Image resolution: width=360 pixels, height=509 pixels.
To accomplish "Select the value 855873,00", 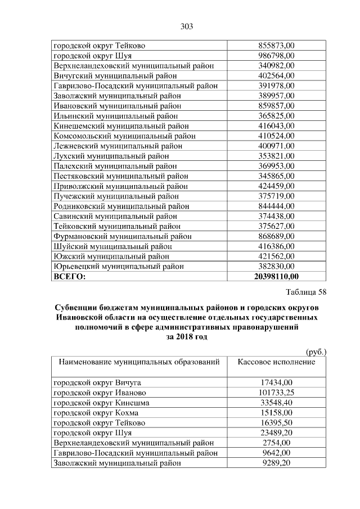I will point(276,45).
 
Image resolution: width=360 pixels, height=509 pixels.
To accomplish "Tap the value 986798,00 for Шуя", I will point(276,55).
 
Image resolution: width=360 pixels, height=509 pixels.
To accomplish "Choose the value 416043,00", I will point(276,125).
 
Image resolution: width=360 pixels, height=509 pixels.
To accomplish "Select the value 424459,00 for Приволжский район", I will point(276,186).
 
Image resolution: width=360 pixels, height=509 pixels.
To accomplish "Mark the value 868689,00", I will point(276,236).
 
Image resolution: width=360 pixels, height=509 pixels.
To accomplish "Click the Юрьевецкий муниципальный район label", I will point(118,266).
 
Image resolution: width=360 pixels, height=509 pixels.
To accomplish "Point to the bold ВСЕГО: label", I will point(70,276).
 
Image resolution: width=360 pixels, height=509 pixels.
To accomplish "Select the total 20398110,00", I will point(276,276).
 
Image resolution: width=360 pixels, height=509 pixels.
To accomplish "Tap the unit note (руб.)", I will point(316,352).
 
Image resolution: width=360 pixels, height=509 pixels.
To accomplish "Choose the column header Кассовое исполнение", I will point(276,362).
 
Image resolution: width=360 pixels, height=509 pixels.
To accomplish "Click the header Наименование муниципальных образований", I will point(139,362).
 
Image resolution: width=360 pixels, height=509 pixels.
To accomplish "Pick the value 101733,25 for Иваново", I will point(276,393).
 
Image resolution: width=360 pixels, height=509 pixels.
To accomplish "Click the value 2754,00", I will point(276,443).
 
